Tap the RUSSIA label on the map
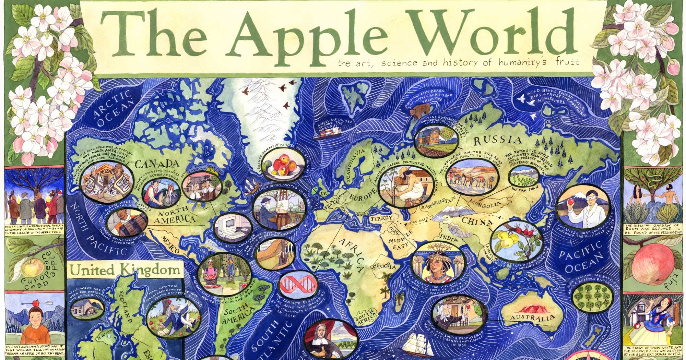tap(498, 140)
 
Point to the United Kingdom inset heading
tap(125, 270)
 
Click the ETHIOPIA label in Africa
tap(384, 266)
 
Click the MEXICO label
tap(170, 244)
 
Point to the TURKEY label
tap(381, 218)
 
